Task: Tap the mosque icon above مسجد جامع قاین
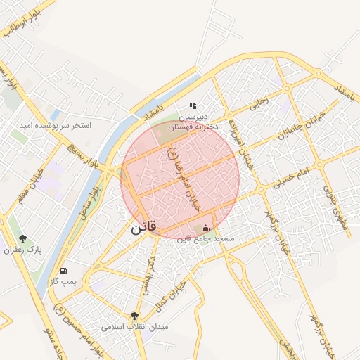point(205,228)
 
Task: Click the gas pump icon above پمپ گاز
point(64,271)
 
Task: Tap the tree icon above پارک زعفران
point(22,239)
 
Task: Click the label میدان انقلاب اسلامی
point(134,327)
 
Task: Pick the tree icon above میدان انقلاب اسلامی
point(134,316)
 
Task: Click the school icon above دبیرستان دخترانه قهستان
point(193,105)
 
